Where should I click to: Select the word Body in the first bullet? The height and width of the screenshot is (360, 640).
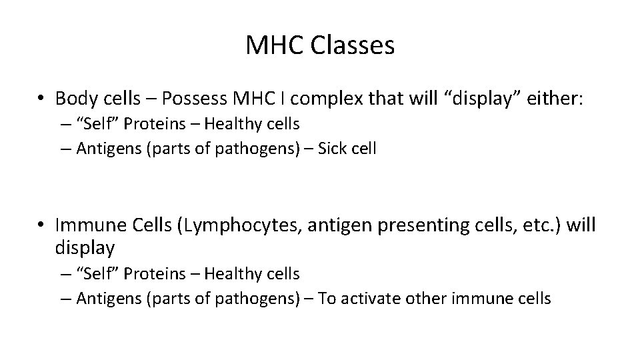(73, 99)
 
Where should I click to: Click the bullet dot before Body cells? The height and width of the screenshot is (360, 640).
(41, 99)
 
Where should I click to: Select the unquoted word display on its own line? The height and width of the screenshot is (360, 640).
(85, 248)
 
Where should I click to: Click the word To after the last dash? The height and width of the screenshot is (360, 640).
(327, 298)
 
